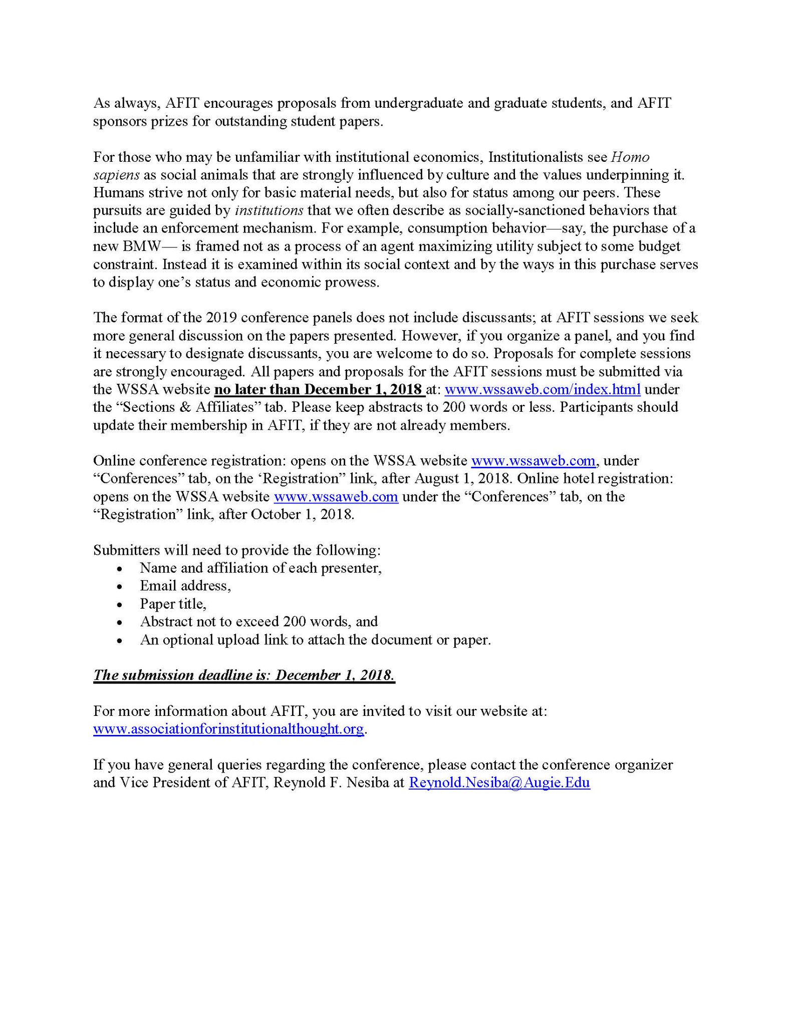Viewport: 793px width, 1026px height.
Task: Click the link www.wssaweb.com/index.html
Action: click(x=543, y=389)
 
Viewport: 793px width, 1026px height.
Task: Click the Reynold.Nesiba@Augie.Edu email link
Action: click(x=499, y=783)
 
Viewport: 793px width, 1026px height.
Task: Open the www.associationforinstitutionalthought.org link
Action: click(x=228, y=728)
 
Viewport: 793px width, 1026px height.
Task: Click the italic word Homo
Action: click(x=631, y=157)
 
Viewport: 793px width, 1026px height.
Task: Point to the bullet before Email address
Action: click(x=119, y=587)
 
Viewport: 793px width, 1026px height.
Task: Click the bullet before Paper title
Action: click(x=119, y=605)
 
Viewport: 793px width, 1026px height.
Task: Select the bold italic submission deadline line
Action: click(x=244, y=675)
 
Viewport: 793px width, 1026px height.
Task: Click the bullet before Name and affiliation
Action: click(x=119, y=569)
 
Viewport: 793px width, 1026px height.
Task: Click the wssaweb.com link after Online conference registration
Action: click(x=533, y=460)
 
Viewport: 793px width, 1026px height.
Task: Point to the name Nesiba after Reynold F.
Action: click(x=371, y=783)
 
